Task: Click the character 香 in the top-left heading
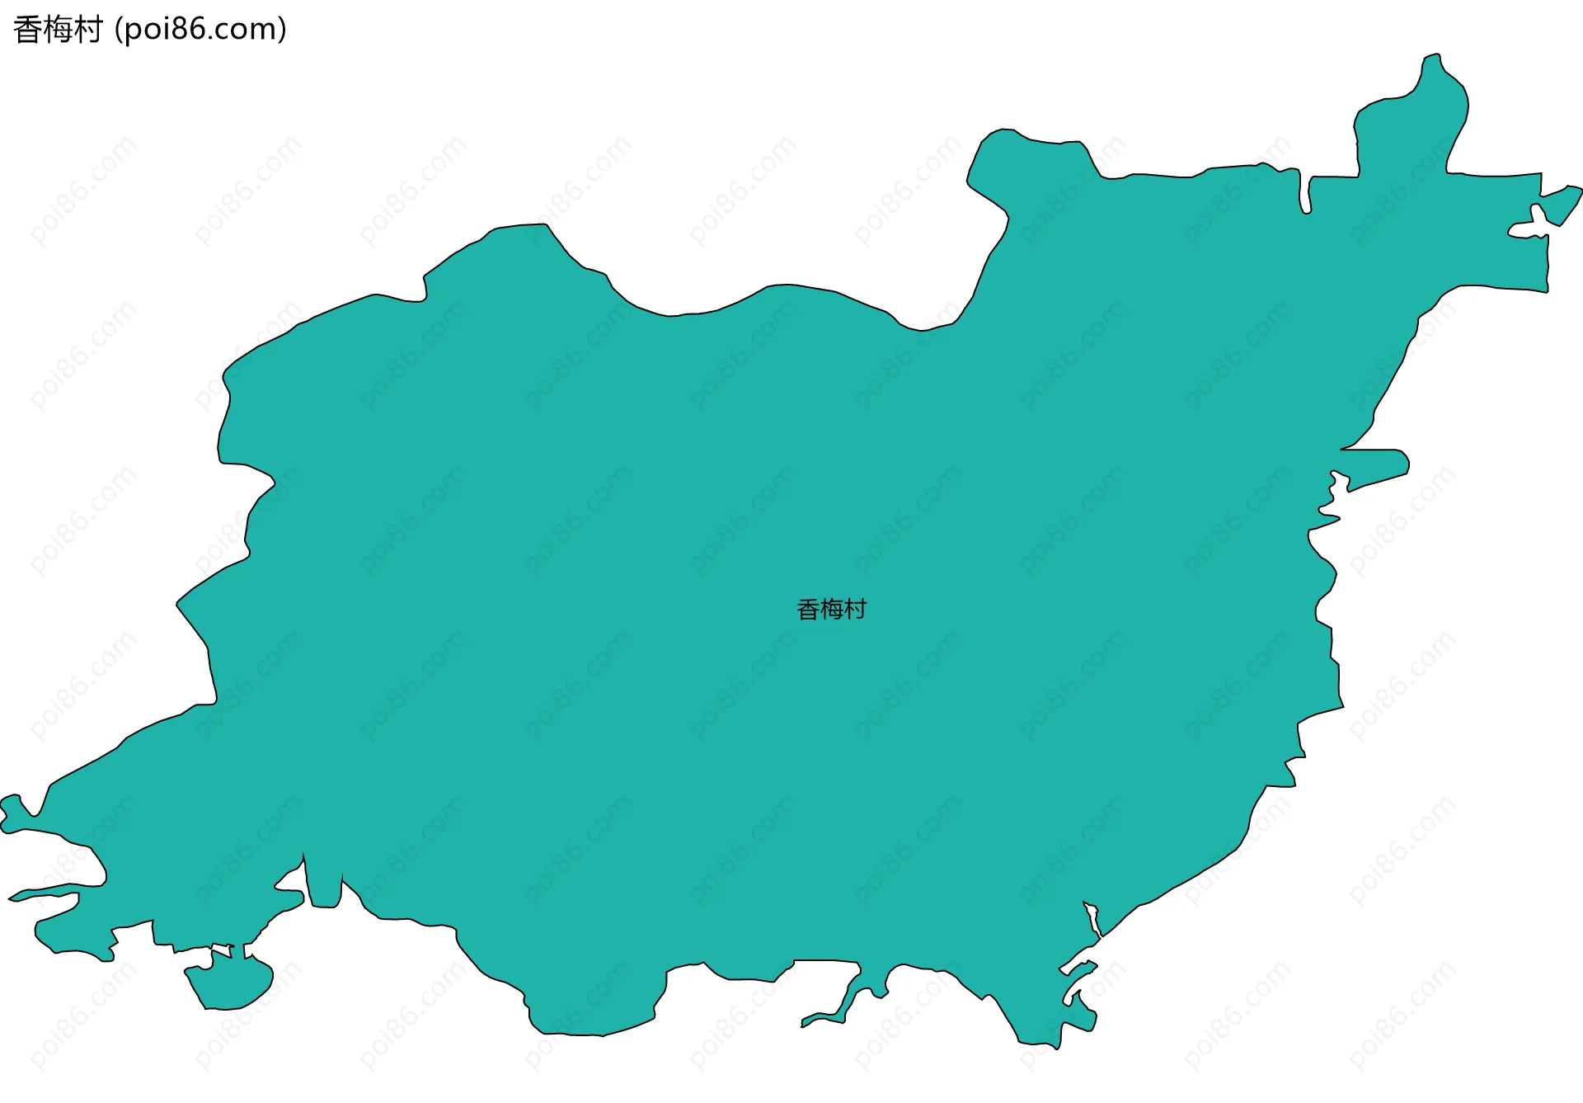click(x=27, y=30)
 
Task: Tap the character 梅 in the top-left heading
click(x=57, y=30)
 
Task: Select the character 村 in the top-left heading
click(x=87, y=30)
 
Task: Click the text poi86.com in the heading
click(x=200, y=30)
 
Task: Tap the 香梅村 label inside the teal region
click(x=831, y=610)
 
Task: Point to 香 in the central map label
click(x=808, y=610)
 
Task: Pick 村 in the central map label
click(x=855, y=610)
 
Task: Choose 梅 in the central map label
click(x=831, y=610)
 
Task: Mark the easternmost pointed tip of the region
click(x=1579, y=190)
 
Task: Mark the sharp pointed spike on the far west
click(x=12, y=898)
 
